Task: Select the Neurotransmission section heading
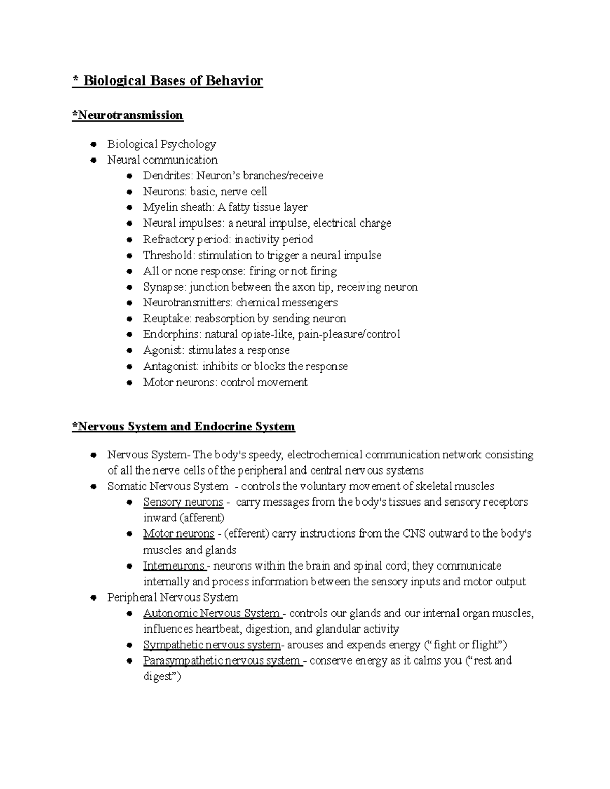(128, 115)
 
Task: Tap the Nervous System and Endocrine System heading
(184, 426)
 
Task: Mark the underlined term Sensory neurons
(183, 502)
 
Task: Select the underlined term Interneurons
(173, 566)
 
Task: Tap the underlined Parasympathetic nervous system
(222, 661)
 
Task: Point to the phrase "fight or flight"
(465, 645)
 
